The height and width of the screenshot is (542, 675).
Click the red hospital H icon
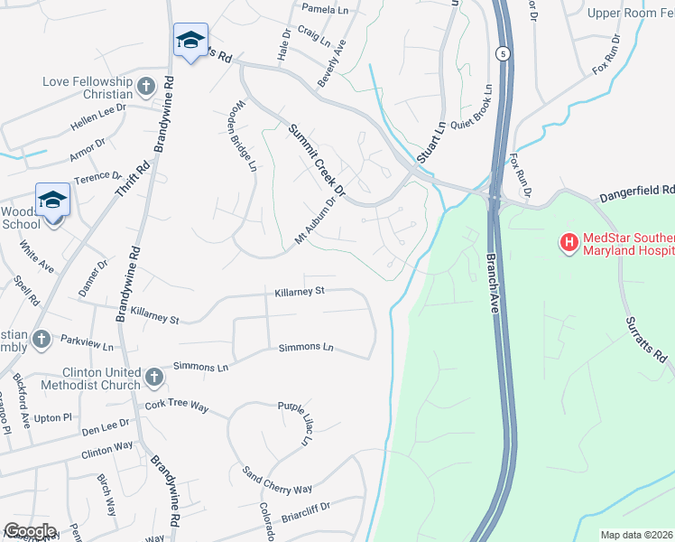coord(569,242)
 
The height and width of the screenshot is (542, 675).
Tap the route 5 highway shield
coord(502,55)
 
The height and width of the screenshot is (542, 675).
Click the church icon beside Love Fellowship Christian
coord(145,87)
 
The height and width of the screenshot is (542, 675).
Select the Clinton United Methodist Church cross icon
coord(153,374)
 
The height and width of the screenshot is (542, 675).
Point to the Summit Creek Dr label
coord(317,160)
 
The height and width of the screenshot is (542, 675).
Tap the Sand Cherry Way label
coord(276,481)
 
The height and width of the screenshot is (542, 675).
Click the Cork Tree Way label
coord(177,406)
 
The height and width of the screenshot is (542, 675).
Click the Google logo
coord(31,531)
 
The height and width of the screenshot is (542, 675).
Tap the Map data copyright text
coord(636,535)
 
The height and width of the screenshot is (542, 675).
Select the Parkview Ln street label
coord(88,345)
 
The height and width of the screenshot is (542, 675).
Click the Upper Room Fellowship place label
coord(630,13)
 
